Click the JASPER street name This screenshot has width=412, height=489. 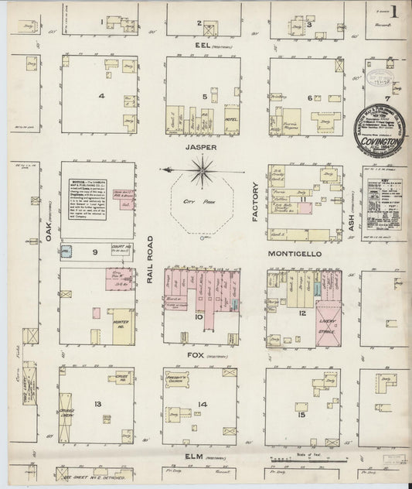(x=200, y=145)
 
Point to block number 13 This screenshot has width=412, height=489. (x=98, y=405)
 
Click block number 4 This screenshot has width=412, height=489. (x=101, y=96)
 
